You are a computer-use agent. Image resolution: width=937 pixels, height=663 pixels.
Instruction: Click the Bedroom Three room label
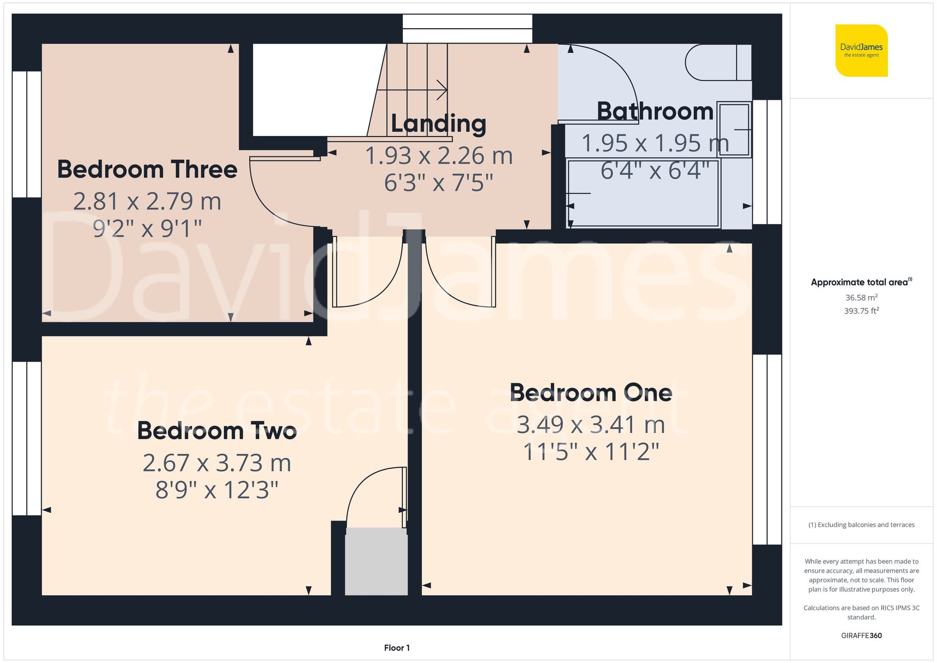pos(147,169)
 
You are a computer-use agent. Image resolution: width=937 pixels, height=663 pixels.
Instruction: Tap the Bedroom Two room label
pos(217,431)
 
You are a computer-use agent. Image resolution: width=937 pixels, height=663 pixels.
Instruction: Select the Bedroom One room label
pos(591,393)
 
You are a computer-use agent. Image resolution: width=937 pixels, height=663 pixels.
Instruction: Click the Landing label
pos(439,124)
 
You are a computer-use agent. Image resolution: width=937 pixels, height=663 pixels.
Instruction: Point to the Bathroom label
pos(655,112)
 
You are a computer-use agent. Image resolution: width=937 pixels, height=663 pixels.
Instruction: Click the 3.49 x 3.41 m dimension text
pos(591,425)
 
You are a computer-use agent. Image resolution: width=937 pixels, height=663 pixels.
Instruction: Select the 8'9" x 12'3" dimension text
pos(217,491)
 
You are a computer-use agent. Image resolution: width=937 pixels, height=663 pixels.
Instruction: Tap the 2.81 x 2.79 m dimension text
pos(147,201)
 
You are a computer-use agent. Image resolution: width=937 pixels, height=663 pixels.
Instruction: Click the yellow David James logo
pos(861,51)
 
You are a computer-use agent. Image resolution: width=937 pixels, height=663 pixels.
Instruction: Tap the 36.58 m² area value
pos(861,298)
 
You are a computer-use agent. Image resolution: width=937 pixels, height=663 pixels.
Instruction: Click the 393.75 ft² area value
pos(861,311)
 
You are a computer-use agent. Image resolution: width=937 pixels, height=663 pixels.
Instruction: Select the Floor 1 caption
pos(397,648)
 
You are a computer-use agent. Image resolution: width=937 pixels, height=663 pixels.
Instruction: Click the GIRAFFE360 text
pos(861,636)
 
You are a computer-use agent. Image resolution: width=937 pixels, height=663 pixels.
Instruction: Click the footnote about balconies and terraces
pos(861,525)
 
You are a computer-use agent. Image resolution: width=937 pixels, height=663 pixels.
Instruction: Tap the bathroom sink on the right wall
pos(734,129)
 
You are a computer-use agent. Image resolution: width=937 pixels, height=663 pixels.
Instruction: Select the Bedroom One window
pos(767,449)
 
